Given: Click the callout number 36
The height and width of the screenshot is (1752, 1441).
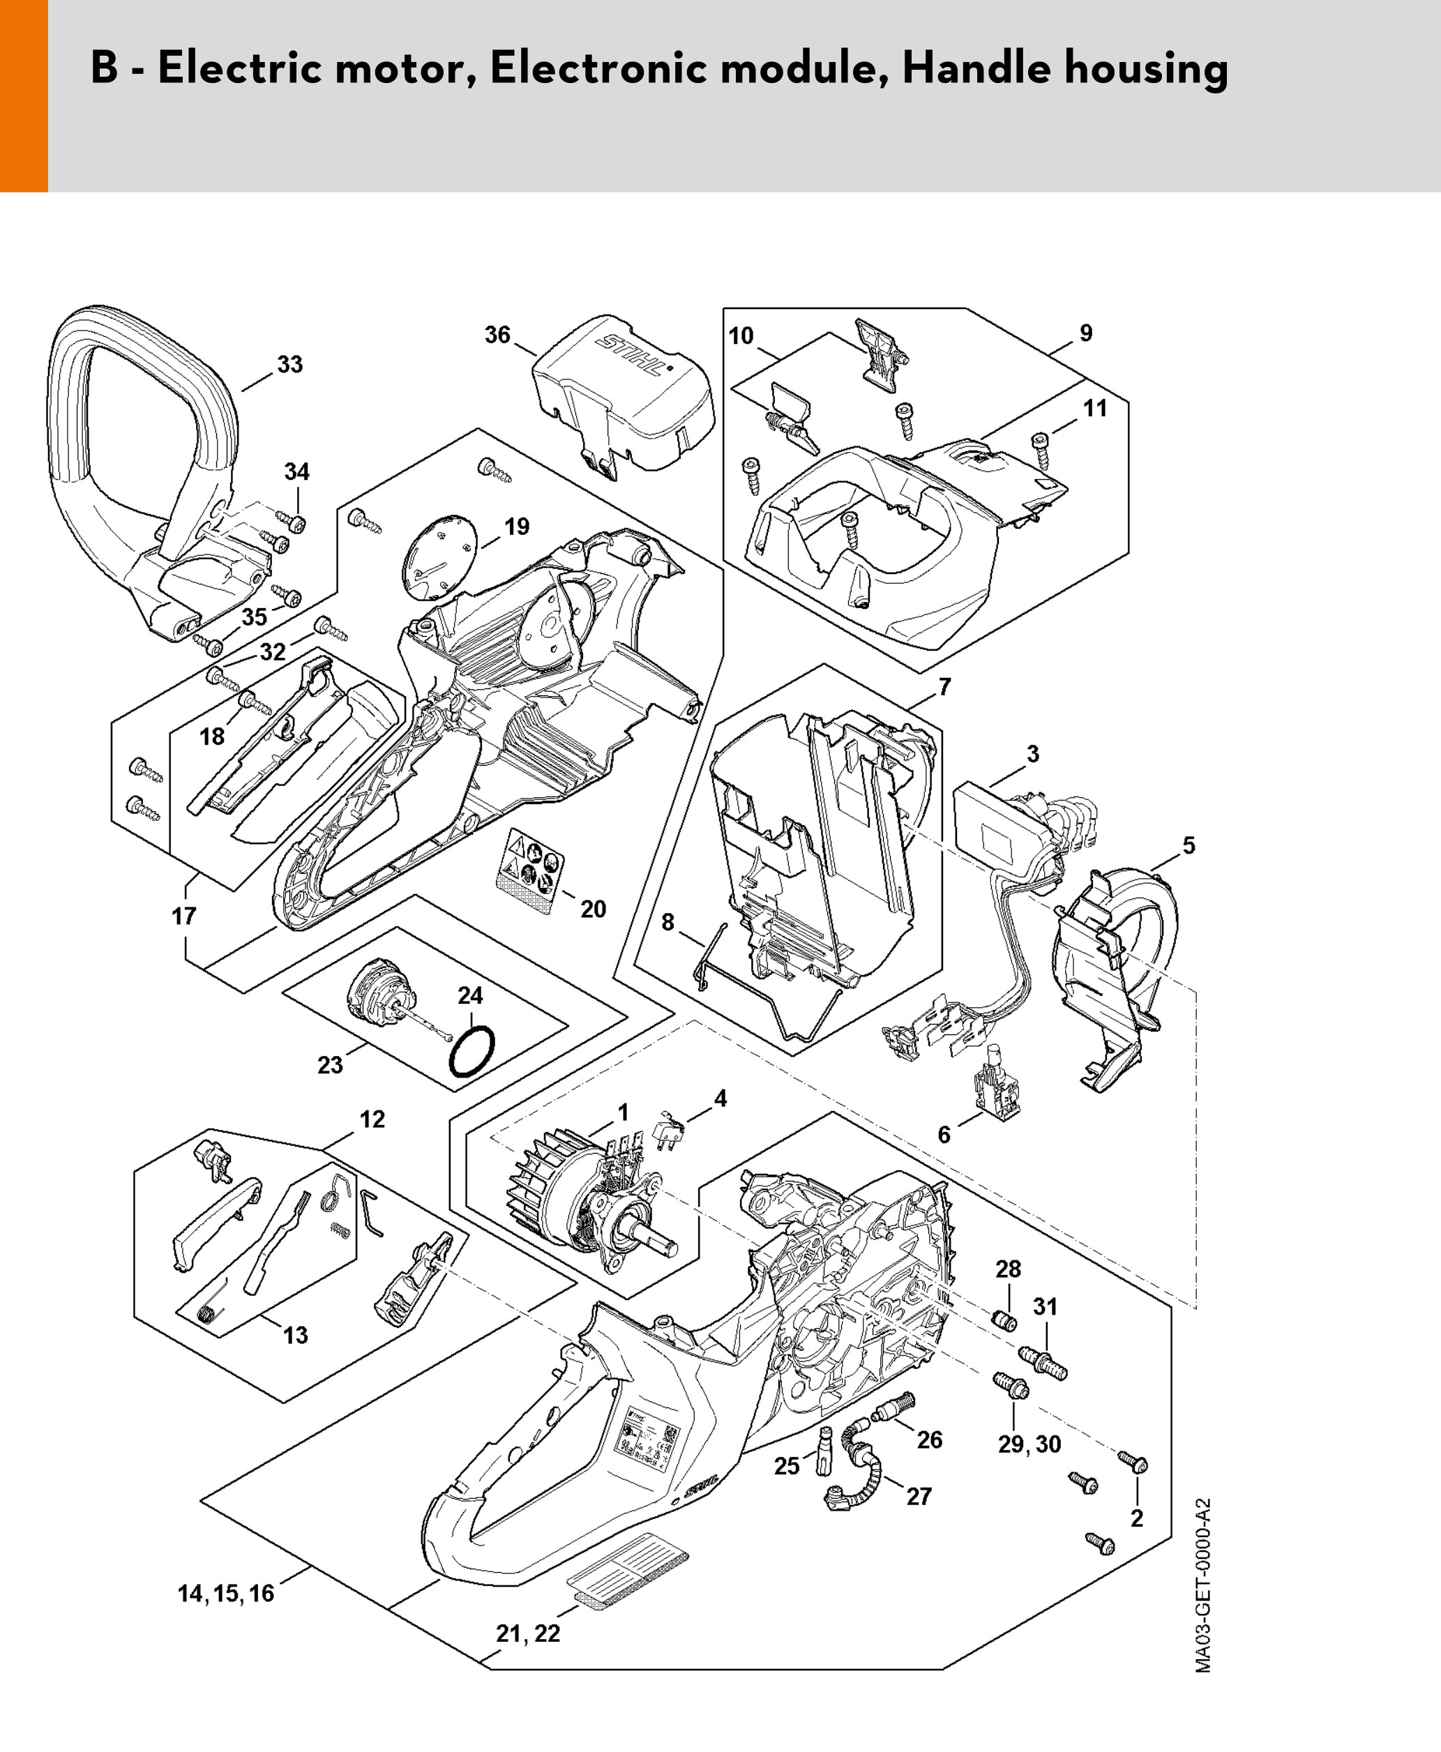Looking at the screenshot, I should pos(497,335).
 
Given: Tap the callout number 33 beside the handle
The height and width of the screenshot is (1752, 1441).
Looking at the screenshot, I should pos(289,364).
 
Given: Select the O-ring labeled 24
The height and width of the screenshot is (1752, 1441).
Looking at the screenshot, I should pos(472,1052).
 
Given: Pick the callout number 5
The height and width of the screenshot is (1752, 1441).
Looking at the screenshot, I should pos(1189,846).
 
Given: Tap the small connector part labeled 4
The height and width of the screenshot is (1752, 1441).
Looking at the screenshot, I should pos(668,1131).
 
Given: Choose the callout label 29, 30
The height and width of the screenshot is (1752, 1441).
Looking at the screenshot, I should pos(1029,1444).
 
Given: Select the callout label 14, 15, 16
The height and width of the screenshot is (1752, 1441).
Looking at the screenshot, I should pos(226,1594).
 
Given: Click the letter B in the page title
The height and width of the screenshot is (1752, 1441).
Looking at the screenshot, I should pos(104,68).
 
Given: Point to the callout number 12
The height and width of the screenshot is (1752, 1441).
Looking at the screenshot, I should pos(372,1119).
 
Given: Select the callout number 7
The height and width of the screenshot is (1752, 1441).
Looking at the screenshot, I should pos(944,687).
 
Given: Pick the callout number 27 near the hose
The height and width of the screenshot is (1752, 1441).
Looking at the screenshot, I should pos(919,1496).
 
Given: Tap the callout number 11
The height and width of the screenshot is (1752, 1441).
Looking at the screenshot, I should pos(1096,408).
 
